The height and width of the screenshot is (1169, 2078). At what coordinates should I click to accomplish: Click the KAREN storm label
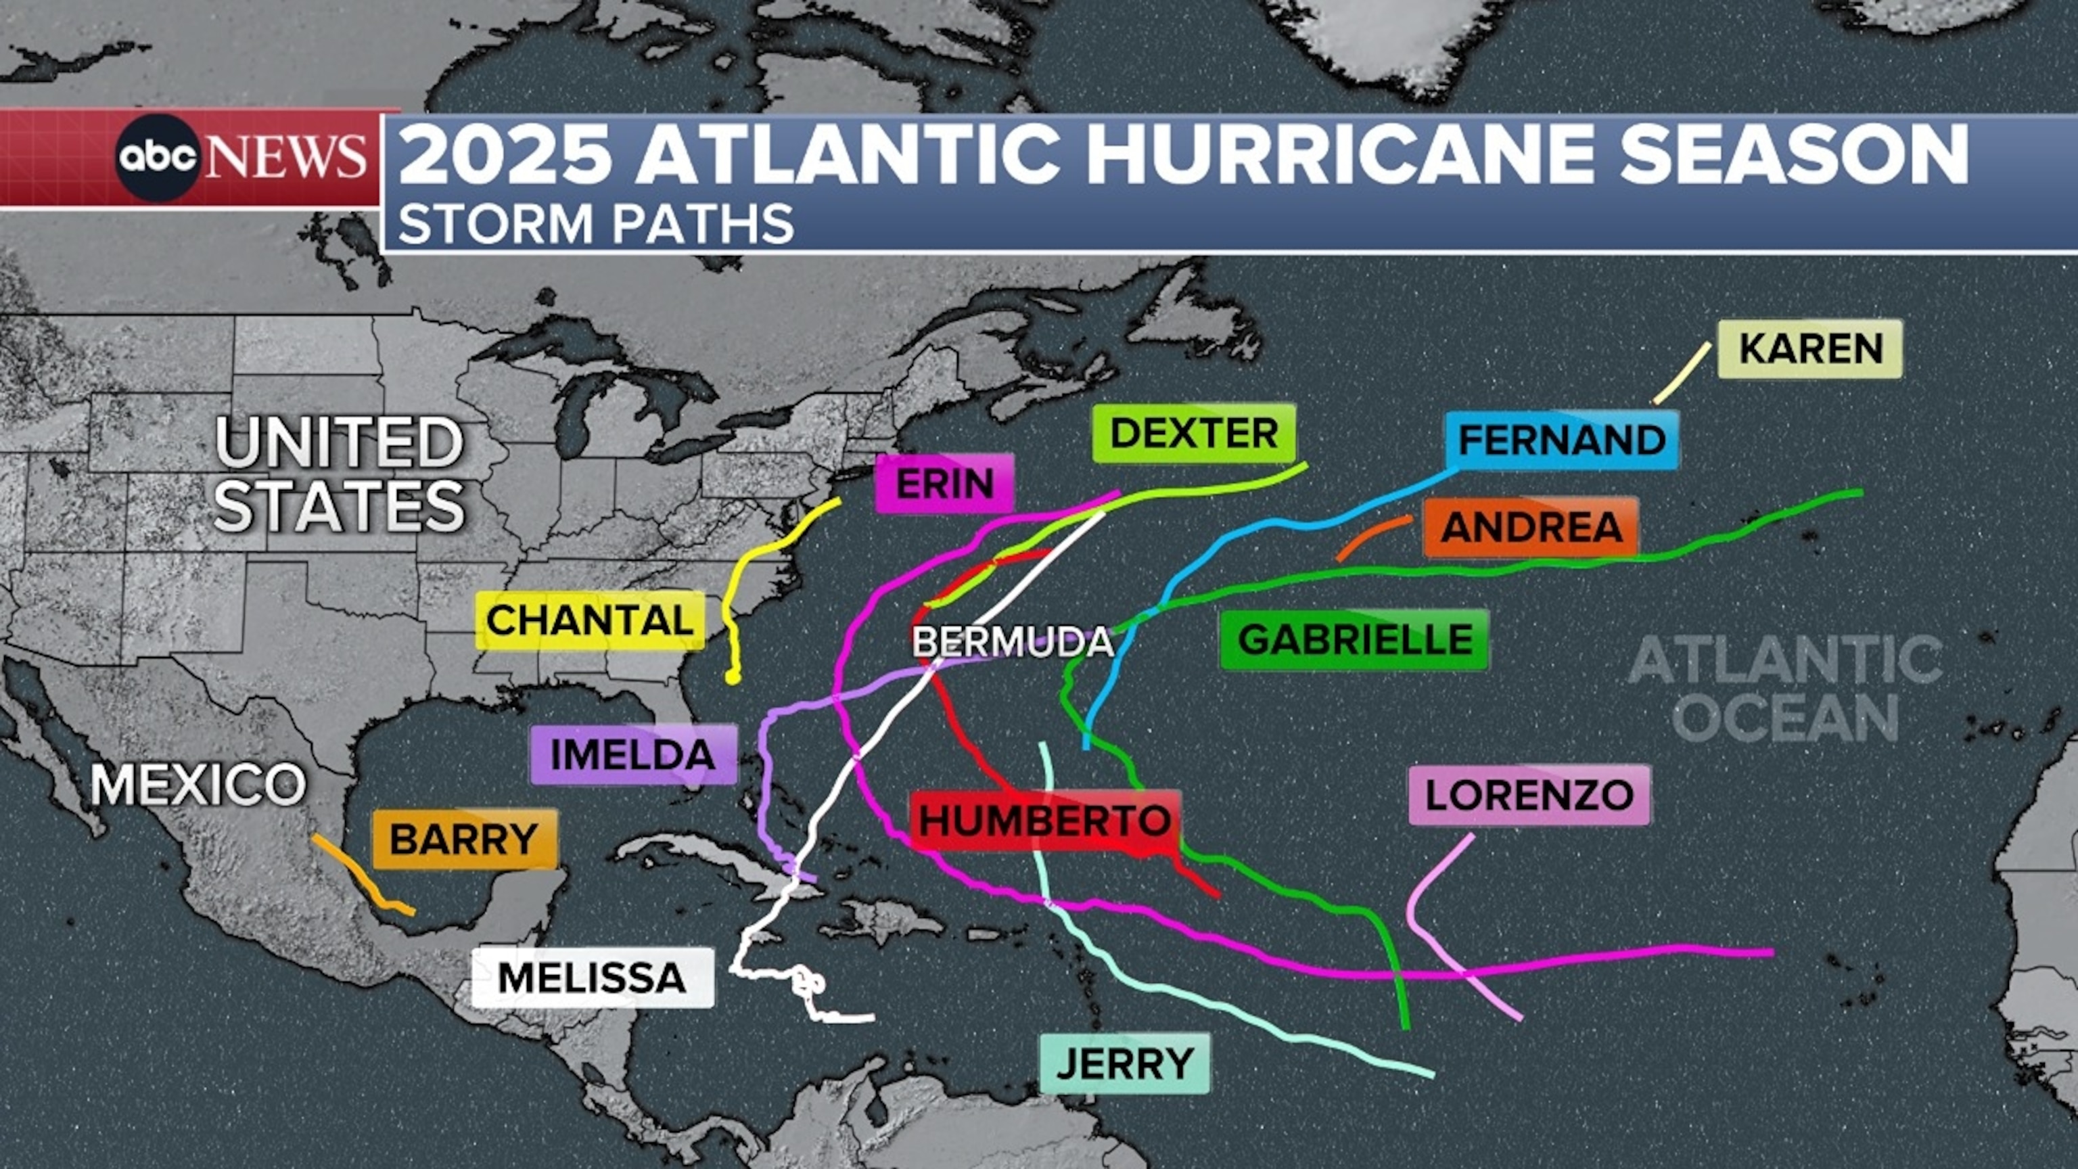pyautogui.click(x=1809, y=348)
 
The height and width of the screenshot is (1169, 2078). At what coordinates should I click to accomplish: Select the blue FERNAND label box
pyautogui.click(x=1562, y=440)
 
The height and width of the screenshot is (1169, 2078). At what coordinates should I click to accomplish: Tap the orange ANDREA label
pyautogui.click(x=1531, y=527)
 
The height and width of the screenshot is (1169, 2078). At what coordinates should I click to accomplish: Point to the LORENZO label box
pyautogui.click(x=1529, y=796)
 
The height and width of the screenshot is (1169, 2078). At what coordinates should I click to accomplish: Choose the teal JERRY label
pyautogui.click(x=1124, y=1063)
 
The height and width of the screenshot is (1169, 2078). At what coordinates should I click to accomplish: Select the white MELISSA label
pyautogui.click(x=592, y=978)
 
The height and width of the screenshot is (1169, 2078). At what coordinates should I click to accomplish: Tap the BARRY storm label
pyautogui.click(x=464, y=839)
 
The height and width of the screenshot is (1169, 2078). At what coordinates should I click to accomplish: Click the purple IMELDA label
pyautogui.click(x=633, y=754)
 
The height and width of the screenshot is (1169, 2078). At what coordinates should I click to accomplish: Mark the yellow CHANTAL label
pyautogui.click(x=590, y=620)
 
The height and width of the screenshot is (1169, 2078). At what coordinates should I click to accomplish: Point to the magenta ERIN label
pyautogui.click(x=944, y=483)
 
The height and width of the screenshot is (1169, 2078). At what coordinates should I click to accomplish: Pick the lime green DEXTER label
pyautogui.click(x=1194, y=433)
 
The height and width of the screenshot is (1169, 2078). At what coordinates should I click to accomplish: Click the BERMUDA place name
pyautogui.click(x=1013, y=643)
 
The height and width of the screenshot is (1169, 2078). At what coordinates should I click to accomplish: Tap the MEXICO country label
pyautogui.click(x=198, y=784)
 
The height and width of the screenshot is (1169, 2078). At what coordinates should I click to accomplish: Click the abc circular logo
pyautogui.click(x=158, y=158)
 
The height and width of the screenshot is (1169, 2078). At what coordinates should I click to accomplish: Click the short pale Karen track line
pyautogui.click(x=1681, y=373)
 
